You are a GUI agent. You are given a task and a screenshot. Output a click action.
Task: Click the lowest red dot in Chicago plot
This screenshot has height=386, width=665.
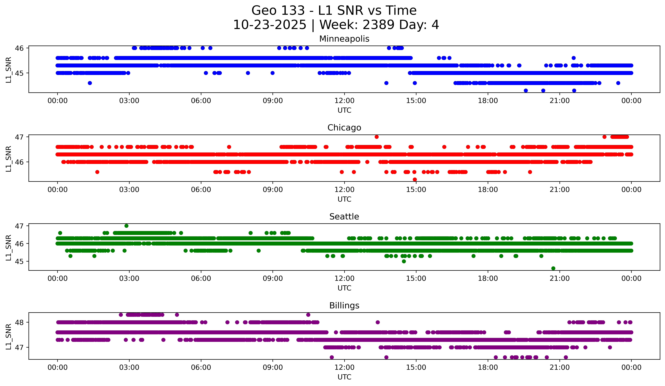(415, 179)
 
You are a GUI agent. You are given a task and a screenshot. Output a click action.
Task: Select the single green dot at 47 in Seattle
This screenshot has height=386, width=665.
(126, 226)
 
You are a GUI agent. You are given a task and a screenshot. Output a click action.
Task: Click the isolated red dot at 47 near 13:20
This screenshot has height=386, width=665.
(377, 137)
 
